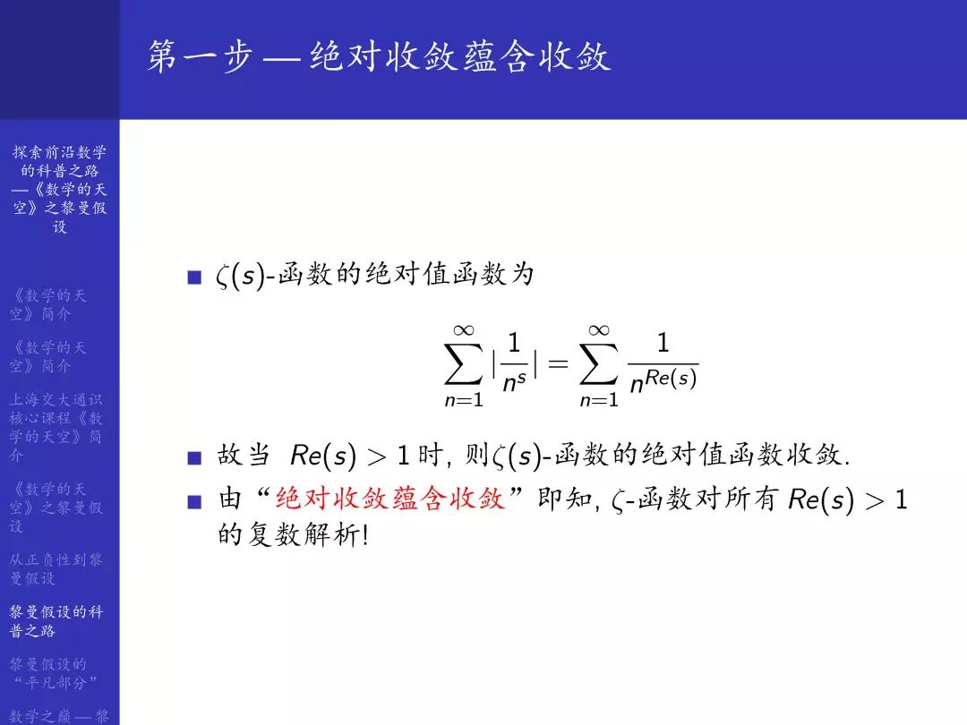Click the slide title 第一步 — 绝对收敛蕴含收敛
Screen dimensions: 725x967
point(379,57)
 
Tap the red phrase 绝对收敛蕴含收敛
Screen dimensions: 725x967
point(390,499)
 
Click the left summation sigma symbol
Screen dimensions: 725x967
point(464,362)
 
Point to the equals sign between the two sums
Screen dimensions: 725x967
point(558,363)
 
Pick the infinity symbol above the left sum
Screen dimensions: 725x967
point(464,330)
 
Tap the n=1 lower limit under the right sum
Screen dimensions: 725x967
point(599,400)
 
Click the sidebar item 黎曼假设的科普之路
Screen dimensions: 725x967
point(56,621)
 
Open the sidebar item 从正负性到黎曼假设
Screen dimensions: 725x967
point(56,568)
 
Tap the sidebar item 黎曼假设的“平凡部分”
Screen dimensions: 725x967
point(56,673)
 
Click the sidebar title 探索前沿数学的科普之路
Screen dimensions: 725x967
point(59,189)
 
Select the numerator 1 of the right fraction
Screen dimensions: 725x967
point(663,343)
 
